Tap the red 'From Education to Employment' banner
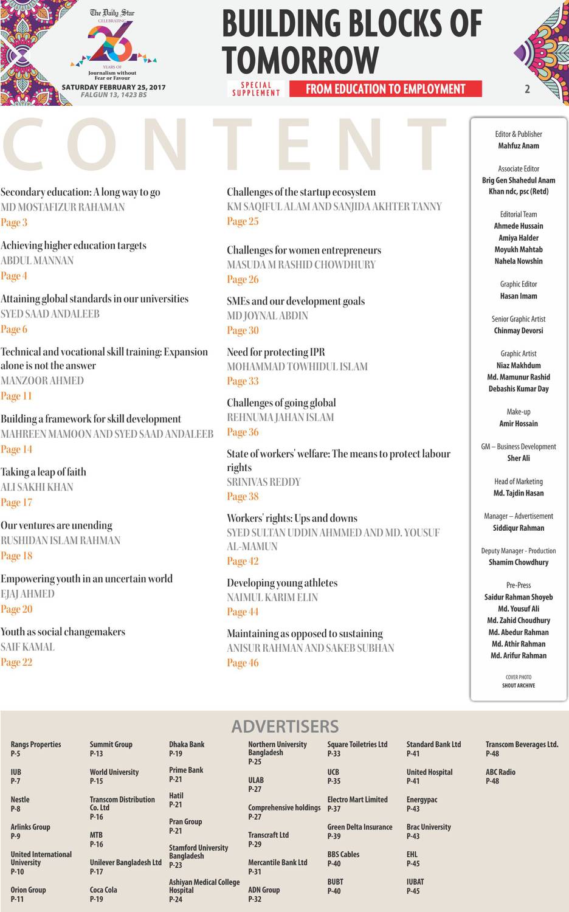click(x=385, y=89)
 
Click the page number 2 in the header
click(x=527, y=89)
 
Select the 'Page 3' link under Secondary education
click(x=14, y=223)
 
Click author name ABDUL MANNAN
click(x=37, y=260)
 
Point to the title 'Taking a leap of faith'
click(x=43, y=472)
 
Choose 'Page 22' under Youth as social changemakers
click(x=16, y=662)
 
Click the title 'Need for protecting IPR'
click(x=275, y=352)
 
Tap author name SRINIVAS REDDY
click(x=264, y=482)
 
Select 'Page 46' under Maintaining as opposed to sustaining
click(x=243, y=663)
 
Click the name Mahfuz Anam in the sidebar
click(x=519, y=146)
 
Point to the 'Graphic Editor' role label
click(x=519, y=284)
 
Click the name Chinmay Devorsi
click(x=519, y=331)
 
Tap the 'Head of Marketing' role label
click(x=519, y=482)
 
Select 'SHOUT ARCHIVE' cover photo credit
click(x=519, y=685)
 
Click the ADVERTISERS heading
click(x=284, y=726)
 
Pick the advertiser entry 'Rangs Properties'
click(x=36, y=744)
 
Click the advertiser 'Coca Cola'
click(x=103, y=890)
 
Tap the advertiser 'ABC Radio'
click(x=500, y=772)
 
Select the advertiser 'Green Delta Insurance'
click(x=360, y=827)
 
